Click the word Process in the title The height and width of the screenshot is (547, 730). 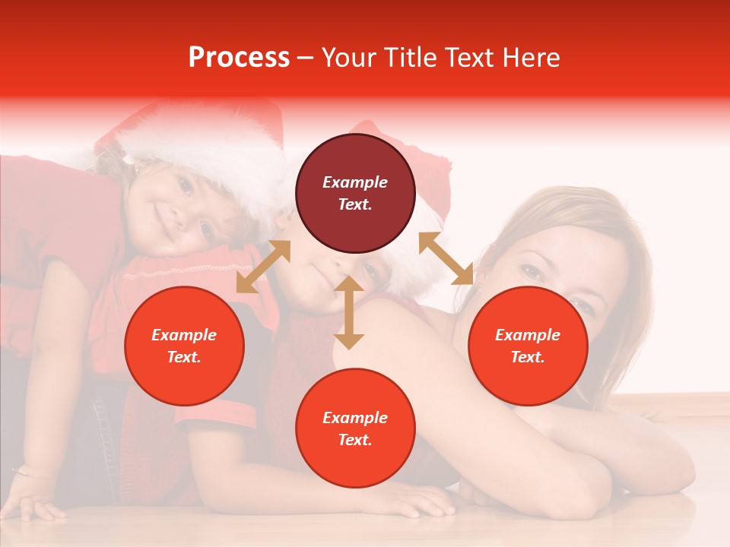coord(239,58)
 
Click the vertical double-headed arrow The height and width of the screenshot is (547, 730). coord(349,312)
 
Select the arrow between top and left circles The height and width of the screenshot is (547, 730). coord(263,267)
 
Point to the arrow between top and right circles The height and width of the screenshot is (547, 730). coord(446,258)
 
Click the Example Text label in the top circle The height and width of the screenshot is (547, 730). coord(355,193)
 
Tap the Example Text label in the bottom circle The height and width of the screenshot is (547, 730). coord(355,428)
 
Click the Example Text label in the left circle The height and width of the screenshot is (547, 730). coord(184,346)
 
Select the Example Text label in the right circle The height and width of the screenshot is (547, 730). coord(528,346)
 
